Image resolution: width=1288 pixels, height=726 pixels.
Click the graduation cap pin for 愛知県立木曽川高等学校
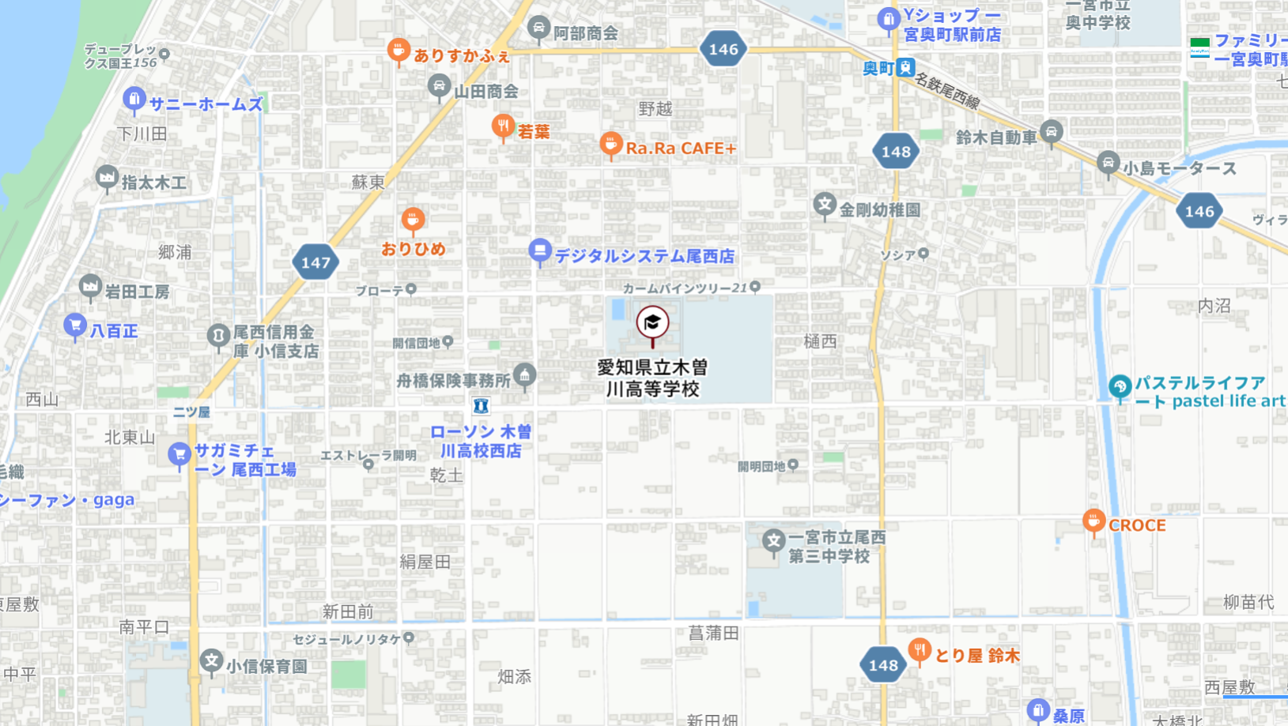click(652, 323)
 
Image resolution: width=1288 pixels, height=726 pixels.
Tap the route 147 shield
click(315, 262)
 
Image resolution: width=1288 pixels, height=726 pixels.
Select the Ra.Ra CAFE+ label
click(680, 149)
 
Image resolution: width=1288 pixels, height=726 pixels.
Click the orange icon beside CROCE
click(1093, 521)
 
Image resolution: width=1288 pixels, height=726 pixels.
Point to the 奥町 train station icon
click(905, 68)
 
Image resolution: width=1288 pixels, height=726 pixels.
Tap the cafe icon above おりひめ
click(413, 219)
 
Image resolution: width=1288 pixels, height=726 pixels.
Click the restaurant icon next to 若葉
click(502, 126)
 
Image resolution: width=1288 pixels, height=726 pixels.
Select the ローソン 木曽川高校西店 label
click(481, 442)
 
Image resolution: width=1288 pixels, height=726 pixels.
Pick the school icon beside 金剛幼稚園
click(825, 205)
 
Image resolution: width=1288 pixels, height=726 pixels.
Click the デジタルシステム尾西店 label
click(644, 256)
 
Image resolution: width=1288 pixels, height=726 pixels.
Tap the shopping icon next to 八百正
click(75, 325)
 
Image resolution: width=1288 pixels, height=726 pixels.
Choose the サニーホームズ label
click(206, 104)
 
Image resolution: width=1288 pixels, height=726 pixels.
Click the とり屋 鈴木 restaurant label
click(977, 656)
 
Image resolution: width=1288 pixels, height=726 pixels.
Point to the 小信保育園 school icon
click(211, 661)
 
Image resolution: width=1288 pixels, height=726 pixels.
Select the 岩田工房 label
click(137, 292)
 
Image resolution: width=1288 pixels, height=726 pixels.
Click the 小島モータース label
click(1179, 168)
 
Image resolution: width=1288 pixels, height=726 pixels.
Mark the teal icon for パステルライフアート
click(1120, 387)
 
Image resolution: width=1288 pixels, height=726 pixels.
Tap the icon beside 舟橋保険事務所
click(524, 374)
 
